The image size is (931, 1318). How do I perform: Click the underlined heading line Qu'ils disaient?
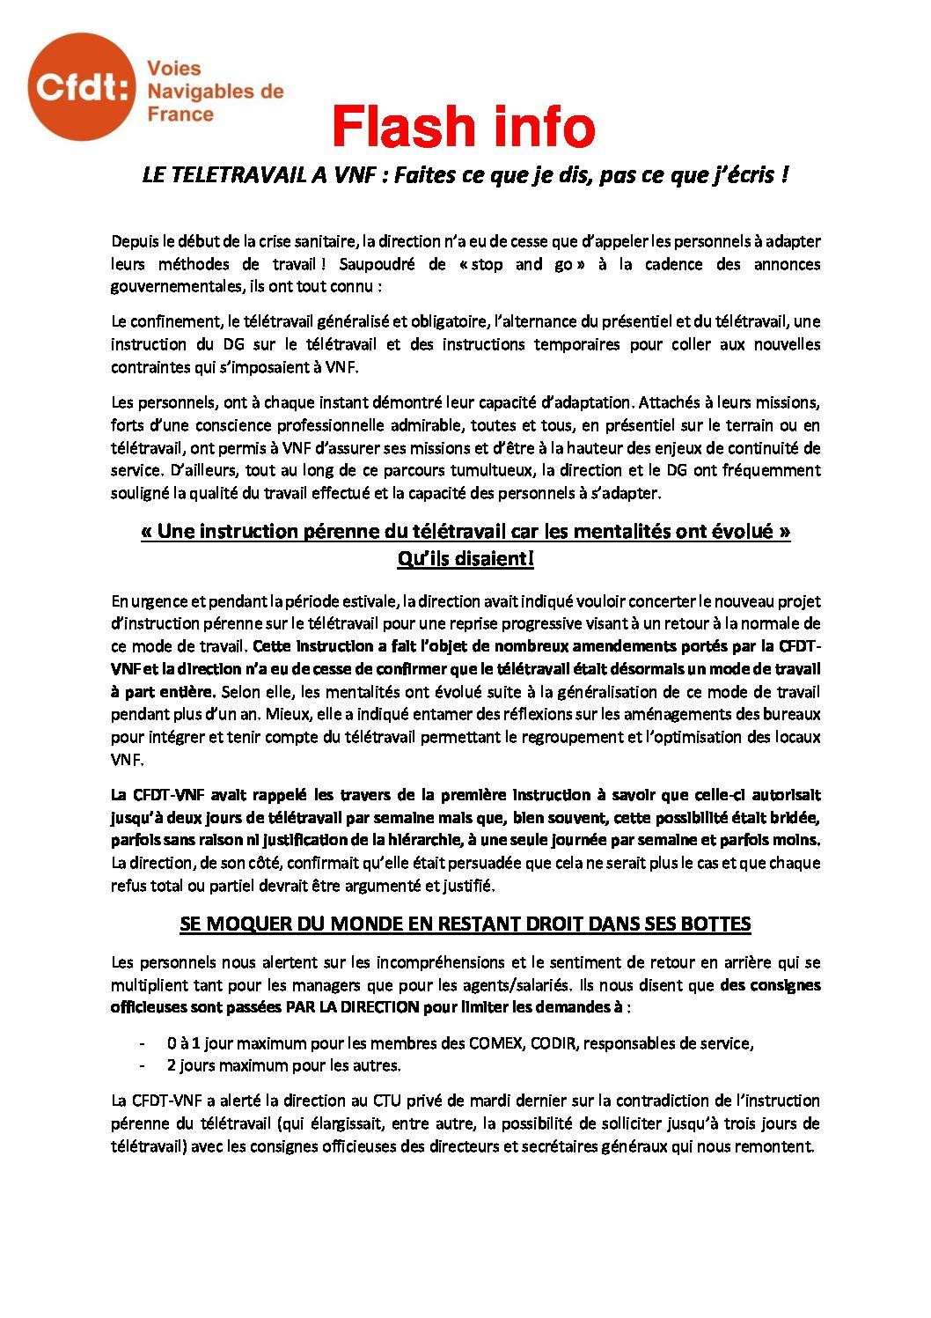[x=465, y=558]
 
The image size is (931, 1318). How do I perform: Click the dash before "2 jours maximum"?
[x=142, y=1065]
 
